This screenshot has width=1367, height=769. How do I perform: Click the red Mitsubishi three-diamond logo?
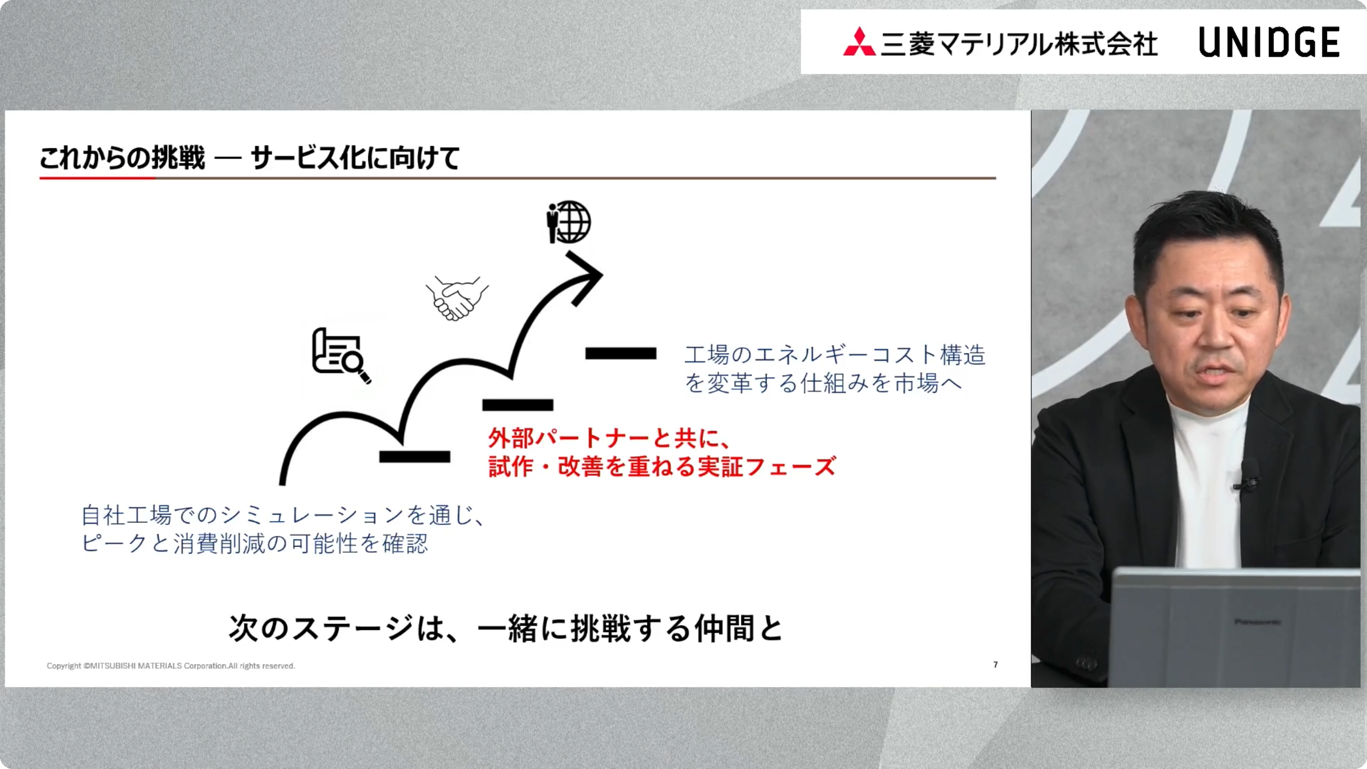point(858,43)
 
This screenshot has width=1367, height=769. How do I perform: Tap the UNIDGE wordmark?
point(1269,43)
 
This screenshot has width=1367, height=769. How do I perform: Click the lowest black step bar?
point(415,456)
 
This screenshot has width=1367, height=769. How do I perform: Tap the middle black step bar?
point(517,406)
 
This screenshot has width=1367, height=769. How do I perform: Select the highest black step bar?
point(620,354)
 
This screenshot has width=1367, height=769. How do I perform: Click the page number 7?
point(996,664)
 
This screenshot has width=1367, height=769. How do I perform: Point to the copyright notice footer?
point(170,666)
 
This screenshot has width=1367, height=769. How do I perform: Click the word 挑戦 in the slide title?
point(178,158)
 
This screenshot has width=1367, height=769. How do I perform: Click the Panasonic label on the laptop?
point(1257,621)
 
